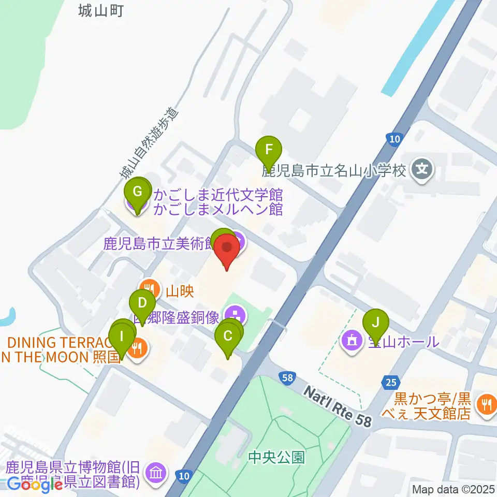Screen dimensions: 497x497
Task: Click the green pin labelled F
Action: coord(269,150)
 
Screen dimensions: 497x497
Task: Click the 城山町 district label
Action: coord(101,10)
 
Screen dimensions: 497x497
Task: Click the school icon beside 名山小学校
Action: coord(422,168)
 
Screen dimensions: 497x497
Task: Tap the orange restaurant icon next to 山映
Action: coord(149,287)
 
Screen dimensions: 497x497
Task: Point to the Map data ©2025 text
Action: coord(453,489)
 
